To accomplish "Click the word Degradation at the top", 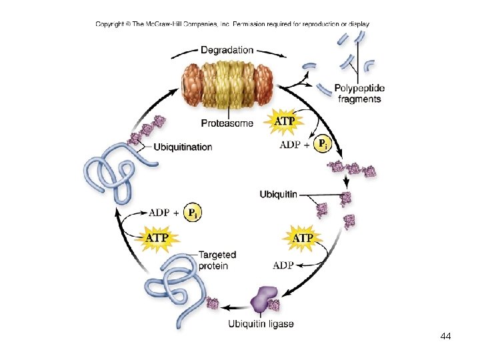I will tap(227, 50).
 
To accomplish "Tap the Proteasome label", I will tap(227, 123).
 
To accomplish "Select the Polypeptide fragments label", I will tap(359, 93).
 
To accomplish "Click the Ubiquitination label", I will tap(183, 147).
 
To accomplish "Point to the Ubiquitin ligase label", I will tap(261, 324).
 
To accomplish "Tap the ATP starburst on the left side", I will tap(157, 237).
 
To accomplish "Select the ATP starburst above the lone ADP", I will tap(303, 238).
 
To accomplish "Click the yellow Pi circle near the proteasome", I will tap(322, 143).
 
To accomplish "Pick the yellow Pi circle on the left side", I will tap(191, 213).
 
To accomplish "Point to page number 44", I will tap(446, 337).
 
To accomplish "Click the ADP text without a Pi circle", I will tap(283, 265).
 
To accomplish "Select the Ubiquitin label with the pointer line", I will tap(279, 194).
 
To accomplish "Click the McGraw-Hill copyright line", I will tap(232, 25).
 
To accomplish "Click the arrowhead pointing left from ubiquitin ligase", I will tap(225, 307).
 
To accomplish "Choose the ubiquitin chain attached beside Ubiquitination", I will tap(148, 129).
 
